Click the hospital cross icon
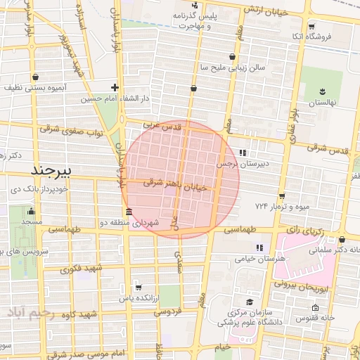click(115, 88)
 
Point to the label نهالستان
click(324, 103)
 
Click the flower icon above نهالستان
click(323, 91)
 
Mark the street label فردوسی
click(169, 310)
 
